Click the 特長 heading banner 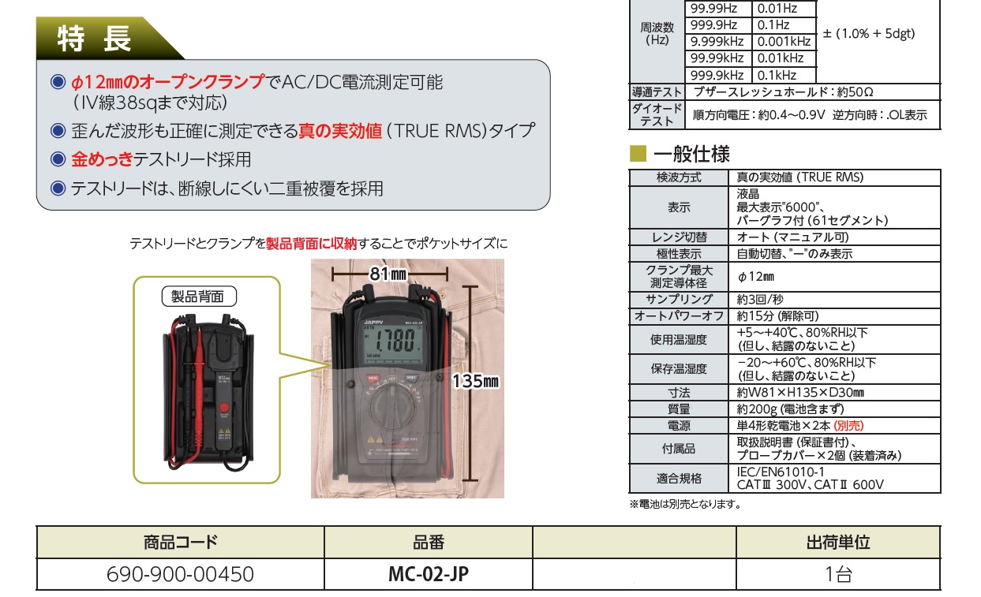95,38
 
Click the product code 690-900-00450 181,574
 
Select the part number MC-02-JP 429,574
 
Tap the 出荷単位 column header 837,543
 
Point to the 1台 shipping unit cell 837,574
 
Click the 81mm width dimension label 388,274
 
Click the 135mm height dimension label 476,382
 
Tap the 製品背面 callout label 198,297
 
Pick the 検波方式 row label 679,177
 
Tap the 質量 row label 679,409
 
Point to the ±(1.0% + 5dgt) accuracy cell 868,34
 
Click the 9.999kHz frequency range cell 717,42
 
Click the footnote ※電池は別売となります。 685,504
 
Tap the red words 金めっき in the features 101,159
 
